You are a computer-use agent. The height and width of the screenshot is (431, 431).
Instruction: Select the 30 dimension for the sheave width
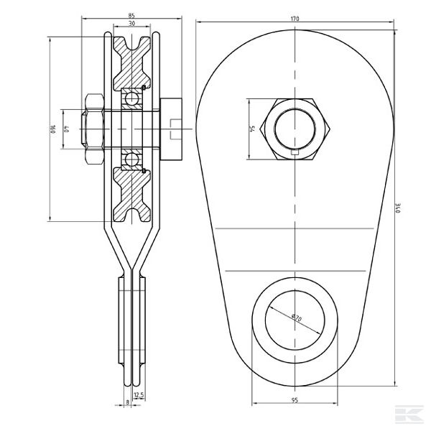click(x=132, y=24)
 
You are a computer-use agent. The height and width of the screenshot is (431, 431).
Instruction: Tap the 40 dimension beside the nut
click(x=67, y=130)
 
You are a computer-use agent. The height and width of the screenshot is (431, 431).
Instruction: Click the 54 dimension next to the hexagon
click(x=253, y=129)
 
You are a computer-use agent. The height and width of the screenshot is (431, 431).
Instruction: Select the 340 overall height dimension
click(x=397, y=209)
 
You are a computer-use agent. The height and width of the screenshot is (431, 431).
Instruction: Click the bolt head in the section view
click(x=173, y=130)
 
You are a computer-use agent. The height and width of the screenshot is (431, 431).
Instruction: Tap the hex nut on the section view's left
click(x=94, y=130)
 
